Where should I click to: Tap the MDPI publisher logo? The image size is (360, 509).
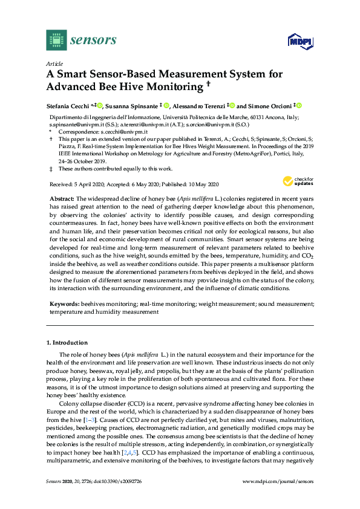[x=296, y=41]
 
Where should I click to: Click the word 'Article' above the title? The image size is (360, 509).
[x=54, y=63]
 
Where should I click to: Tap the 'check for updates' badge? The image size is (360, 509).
[x=296, y=180]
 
